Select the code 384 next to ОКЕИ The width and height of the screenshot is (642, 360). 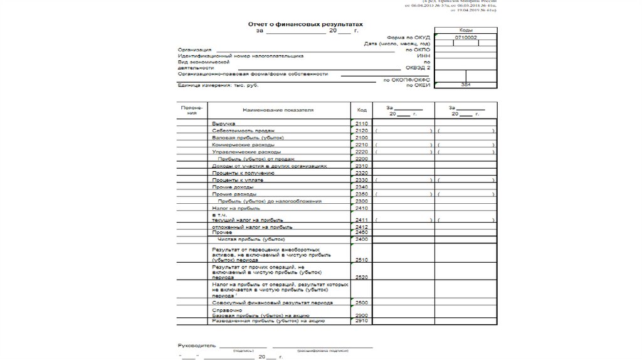point(465,84)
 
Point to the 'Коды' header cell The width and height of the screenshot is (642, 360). point(465,30)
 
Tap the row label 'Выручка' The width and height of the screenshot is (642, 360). point(223,124)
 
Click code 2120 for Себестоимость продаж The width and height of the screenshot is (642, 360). point(361,130)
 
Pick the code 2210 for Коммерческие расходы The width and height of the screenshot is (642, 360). point(361,145)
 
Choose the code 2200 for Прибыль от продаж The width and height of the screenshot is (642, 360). point(361,159)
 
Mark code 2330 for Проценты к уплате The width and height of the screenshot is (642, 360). point(361,180)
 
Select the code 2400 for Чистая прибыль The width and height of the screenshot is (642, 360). point(361,239)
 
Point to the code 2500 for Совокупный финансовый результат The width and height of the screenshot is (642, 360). point(361,302)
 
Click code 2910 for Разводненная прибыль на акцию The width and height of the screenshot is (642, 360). point(361,320)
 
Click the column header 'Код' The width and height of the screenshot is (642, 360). point(362,110)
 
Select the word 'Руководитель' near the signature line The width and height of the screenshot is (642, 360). point(196,346)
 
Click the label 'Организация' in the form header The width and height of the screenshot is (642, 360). point(194,50)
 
